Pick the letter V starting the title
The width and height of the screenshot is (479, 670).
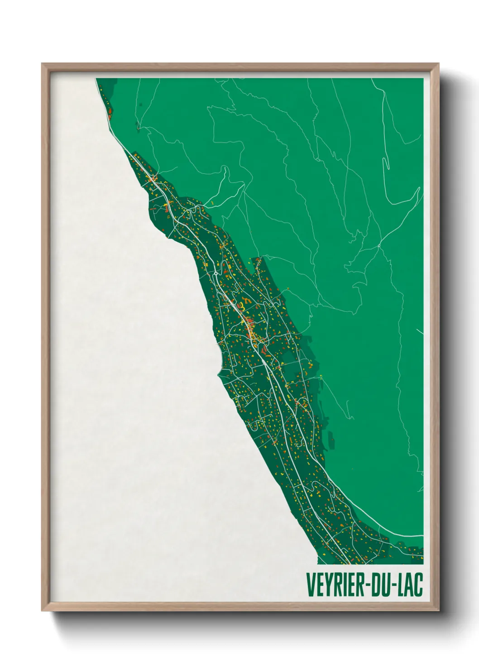pos(311,584)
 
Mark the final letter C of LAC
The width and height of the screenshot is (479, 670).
pos(418,584)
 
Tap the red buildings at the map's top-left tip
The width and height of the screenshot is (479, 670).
pos(110,110)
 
